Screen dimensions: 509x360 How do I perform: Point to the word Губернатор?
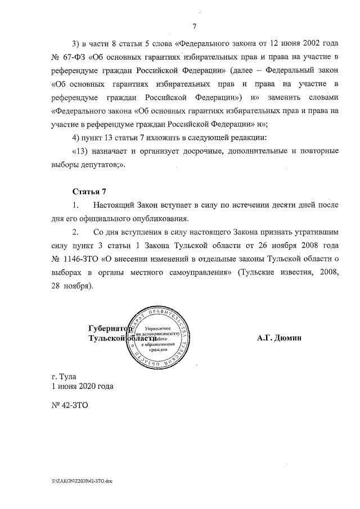coord(109,328)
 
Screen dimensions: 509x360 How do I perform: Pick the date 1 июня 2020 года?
coord(82,386)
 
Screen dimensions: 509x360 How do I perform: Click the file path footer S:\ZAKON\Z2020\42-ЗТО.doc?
coord(81,483)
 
